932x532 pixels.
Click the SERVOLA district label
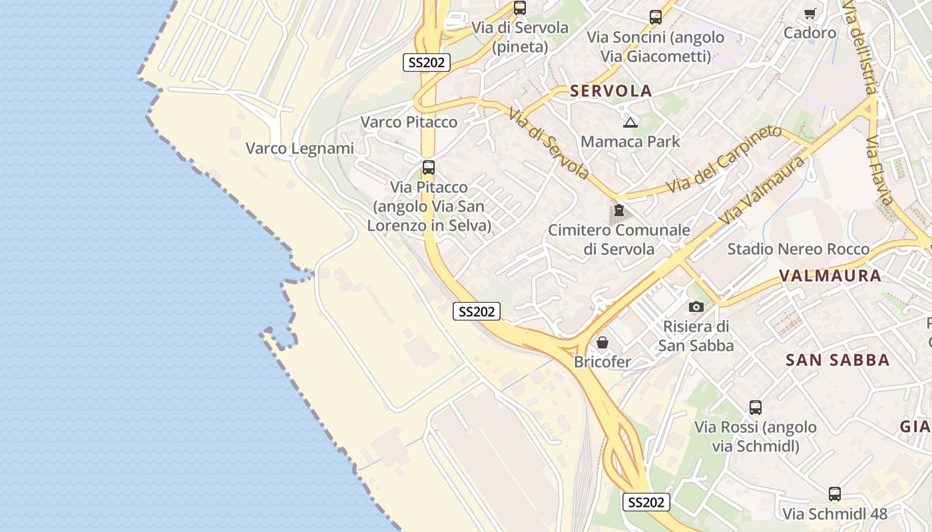click(610, 91)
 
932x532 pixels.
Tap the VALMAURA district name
click(829, 275)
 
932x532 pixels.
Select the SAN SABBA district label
click(837, 360)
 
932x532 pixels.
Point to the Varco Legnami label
click(300, 148)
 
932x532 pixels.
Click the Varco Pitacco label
click(409, 122)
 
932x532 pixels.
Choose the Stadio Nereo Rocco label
click(798, 249)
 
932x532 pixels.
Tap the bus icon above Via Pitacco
click(429, 168)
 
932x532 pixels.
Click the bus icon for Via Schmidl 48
click(835, 494)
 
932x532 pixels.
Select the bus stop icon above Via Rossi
click(756, 408)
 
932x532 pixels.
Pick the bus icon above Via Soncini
click(656, 17)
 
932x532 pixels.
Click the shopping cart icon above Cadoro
click(810, 13)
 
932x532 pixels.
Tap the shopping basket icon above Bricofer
click(602, 342)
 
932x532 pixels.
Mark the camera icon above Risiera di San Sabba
click(696, 307)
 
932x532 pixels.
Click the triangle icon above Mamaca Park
click(630, 122)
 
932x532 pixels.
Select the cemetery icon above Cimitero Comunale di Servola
click(619, 211)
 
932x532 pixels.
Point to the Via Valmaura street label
click(762, 191)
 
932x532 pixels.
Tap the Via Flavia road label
click(879, 171)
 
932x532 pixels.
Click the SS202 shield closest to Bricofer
click(477, 311)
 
